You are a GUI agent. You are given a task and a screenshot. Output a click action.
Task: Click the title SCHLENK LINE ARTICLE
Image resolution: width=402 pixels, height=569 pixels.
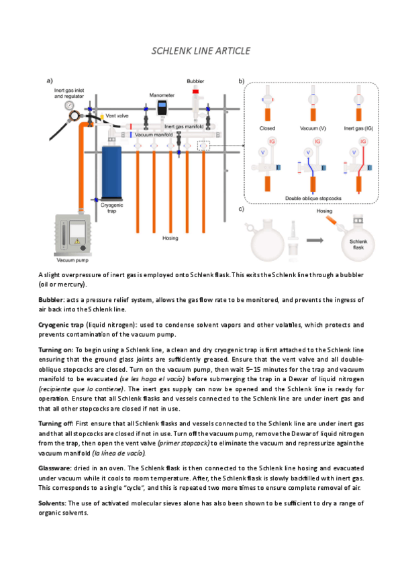point(201,51)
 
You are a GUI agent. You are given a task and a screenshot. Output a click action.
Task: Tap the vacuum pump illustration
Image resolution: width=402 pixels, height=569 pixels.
point(72,235)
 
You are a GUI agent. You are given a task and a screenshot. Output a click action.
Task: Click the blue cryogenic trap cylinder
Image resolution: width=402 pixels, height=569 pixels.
point(111,172)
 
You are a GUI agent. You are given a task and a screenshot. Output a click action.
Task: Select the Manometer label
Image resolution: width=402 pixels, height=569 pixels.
point(162,95)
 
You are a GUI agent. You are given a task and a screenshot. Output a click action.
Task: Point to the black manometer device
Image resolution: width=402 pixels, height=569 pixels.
point(162,107)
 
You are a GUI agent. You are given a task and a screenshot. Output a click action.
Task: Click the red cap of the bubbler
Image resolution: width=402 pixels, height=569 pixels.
point(195,91)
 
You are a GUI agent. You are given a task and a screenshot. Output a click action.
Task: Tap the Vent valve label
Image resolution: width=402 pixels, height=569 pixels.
point(117,116)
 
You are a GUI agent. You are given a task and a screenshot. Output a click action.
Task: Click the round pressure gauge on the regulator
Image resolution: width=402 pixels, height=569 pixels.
point(69,105)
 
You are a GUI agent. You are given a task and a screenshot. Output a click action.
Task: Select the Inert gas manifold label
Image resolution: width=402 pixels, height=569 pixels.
point(184,126)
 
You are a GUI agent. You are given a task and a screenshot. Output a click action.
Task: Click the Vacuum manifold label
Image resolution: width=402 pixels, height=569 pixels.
point(154,135)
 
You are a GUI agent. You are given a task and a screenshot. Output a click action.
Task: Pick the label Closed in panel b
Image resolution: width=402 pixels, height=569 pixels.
point(267,128)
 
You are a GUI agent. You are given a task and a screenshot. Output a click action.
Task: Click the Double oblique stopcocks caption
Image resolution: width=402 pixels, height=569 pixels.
point(313,198)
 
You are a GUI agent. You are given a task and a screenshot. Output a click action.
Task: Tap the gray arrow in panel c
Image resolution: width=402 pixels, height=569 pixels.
point(315,240)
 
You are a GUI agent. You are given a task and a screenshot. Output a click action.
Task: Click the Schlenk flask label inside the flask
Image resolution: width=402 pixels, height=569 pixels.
point(358,244)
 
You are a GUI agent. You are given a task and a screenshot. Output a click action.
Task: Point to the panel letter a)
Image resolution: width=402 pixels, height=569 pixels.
point(50,81)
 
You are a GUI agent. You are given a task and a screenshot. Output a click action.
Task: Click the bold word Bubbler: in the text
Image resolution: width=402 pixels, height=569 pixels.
point(52,300)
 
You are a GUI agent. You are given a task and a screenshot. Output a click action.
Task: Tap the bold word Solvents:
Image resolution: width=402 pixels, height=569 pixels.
point(52,503)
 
